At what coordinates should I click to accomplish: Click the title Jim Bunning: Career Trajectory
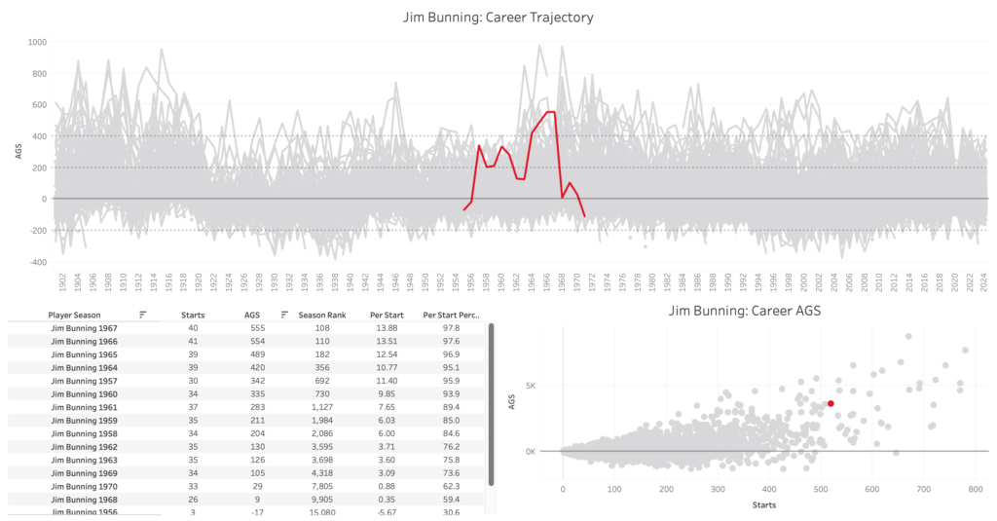pos(498,18)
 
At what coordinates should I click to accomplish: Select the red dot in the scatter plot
pos(831,403)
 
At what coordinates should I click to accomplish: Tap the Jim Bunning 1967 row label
pos(84,329)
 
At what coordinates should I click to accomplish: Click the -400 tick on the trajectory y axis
pos(36,262)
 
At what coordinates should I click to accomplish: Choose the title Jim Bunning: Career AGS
pos(745,313)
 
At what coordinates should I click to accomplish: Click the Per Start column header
pos(387,315)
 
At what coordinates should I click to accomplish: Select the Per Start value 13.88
pos(386,329)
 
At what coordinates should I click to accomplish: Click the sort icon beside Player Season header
pos(143,315)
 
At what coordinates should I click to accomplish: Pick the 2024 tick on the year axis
pos(984,281)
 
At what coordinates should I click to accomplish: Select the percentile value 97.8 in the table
pos(451,329)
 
